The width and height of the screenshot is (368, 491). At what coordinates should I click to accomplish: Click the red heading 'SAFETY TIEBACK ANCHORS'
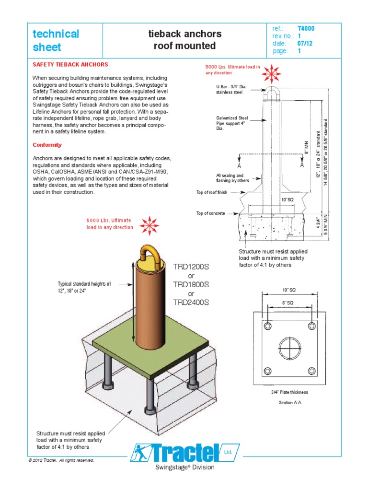[x=70, y=64]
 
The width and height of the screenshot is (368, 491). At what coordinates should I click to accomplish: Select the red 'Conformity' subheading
[x=47, y=145]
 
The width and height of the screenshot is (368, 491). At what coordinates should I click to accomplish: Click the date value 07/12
[x=304, y=44]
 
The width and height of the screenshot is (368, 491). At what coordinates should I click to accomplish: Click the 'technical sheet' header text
[x=55, y=40]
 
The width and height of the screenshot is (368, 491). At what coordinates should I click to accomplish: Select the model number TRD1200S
[x=191, y=267]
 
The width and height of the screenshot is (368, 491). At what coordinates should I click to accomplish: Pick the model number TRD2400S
[x=191, y=303]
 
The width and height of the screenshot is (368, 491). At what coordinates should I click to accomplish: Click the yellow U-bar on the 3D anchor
[x=150, y=251]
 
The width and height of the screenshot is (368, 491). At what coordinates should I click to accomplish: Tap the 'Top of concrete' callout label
[x=210, y=213]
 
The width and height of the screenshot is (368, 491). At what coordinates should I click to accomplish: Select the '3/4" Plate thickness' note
[x=289, y=392]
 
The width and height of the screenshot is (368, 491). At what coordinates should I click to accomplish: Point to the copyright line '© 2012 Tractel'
[x=61, y=460]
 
